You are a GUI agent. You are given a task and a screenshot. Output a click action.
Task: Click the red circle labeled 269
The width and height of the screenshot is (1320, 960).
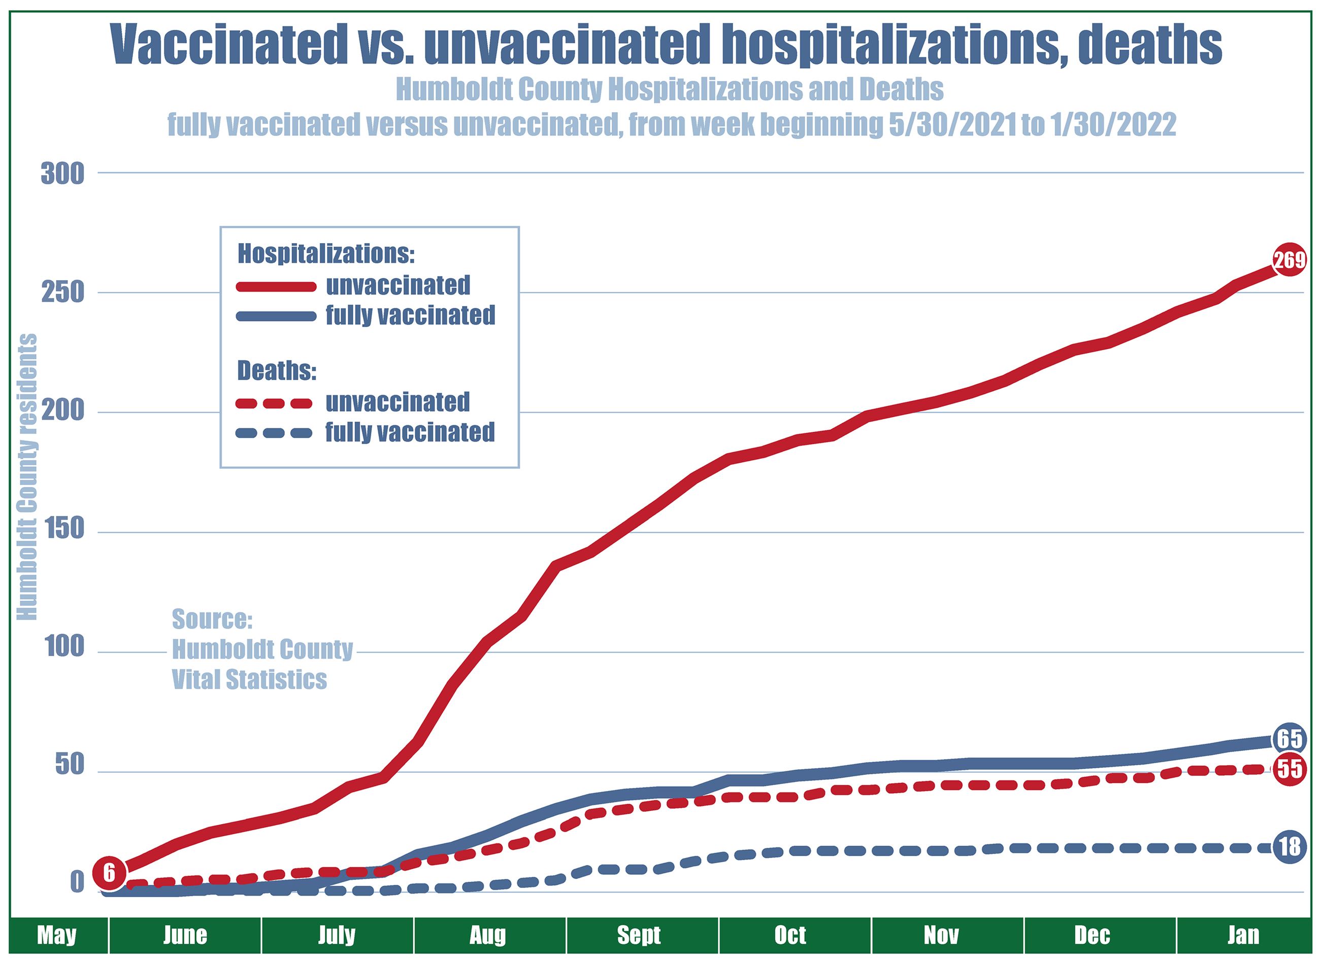point(1289,260)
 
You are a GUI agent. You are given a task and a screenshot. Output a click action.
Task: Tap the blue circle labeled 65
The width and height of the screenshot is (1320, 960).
point(1289,739)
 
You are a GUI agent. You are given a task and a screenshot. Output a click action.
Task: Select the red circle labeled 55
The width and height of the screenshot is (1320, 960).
point(1289,769)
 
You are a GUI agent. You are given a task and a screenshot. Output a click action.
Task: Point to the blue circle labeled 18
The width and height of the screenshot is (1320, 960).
point(1289,846)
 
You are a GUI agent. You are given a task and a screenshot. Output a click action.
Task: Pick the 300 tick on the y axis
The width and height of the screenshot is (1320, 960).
point(62,174)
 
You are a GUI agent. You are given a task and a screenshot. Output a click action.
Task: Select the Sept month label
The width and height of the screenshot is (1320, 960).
point(639,935)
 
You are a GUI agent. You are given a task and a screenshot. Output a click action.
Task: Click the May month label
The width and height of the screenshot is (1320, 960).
point(56,935)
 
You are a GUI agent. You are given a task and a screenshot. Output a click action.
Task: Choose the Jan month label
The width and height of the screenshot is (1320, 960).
point(1243,935)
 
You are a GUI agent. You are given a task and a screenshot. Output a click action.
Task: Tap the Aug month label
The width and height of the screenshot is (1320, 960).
point(488,935)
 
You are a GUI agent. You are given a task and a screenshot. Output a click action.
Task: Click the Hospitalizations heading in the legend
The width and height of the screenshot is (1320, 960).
point(326,254)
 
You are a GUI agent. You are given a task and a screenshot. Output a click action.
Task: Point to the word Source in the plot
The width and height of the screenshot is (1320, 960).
point(212,619)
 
